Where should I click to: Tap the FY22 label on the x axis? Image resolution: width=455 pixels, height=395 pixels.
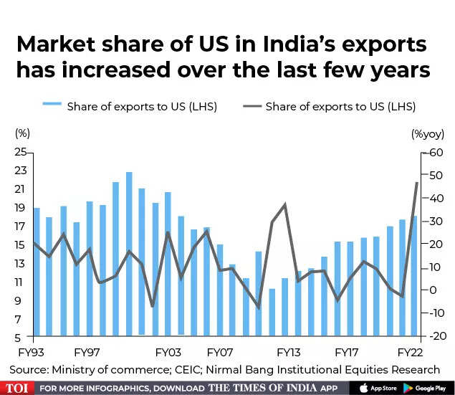410,353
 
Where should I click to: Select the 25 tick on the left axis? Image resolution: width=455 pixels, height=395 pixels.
20,152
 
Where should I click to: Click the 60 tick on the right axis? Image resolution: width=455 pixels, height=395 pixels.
434,153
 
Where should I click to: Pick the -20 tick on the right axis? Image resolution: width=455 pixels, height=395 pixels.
433,336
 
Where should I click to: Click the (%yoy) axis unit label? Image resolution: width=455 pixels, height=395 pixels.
427,133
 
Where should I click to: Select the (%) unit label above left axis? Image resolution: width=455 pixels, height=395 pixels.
23,133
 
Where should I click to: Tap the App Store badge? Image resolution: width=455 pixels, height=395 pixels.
376,388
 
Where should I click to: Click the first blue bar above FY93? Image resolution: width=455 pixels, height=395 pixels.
37,272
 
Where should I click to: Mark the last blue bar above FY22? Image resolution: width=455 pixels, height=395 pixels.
413,276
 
